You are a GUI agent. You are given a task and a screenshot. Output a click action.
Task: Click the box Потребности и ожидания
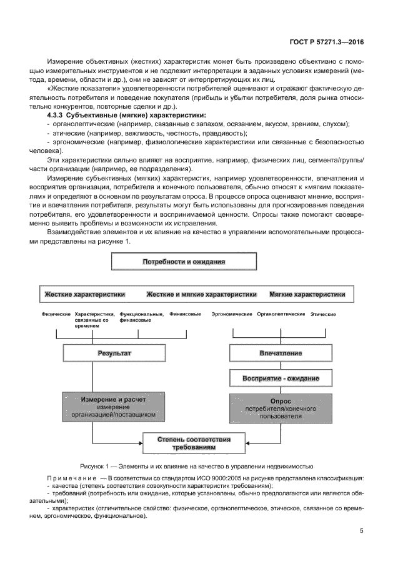pyautogui.click(x=184, y=262)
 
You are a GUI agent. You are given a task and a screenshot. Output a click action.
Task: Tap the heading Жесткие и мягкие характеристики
pyautogui.click(x=201, y=294)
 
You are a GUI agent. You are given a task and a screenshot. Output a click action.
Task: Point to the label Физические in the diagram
pyautogui.click(x=56, y=314)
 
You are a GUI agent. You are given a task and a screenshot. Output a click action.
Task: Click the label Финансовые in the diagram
pyautogui.click(x=186, y=314)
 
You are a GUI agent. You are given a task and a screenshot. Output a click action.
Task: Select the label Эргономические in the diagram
pyautogui.click(x=232, y=314)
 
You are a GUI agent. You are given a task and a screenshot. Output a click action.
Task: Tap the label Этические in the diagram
pyautogui.click(x=323, y=314)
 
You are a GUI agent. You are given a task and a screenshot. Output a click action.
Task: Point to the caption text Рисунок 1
pyautogui.click(x=96, y=466)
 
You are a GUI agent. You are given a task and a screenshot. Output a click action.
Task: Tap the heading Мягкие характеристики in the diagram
pyautogui.click(x=307, y=294)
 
